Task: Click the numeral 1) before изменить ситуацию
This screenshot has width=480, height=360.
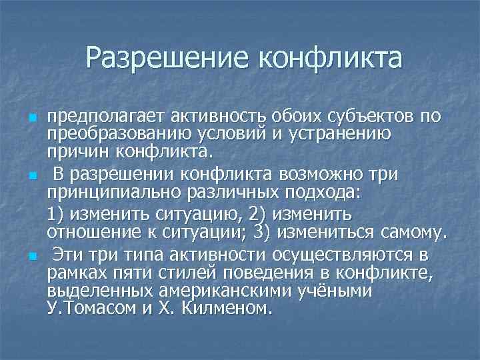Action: coord(58,215)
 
